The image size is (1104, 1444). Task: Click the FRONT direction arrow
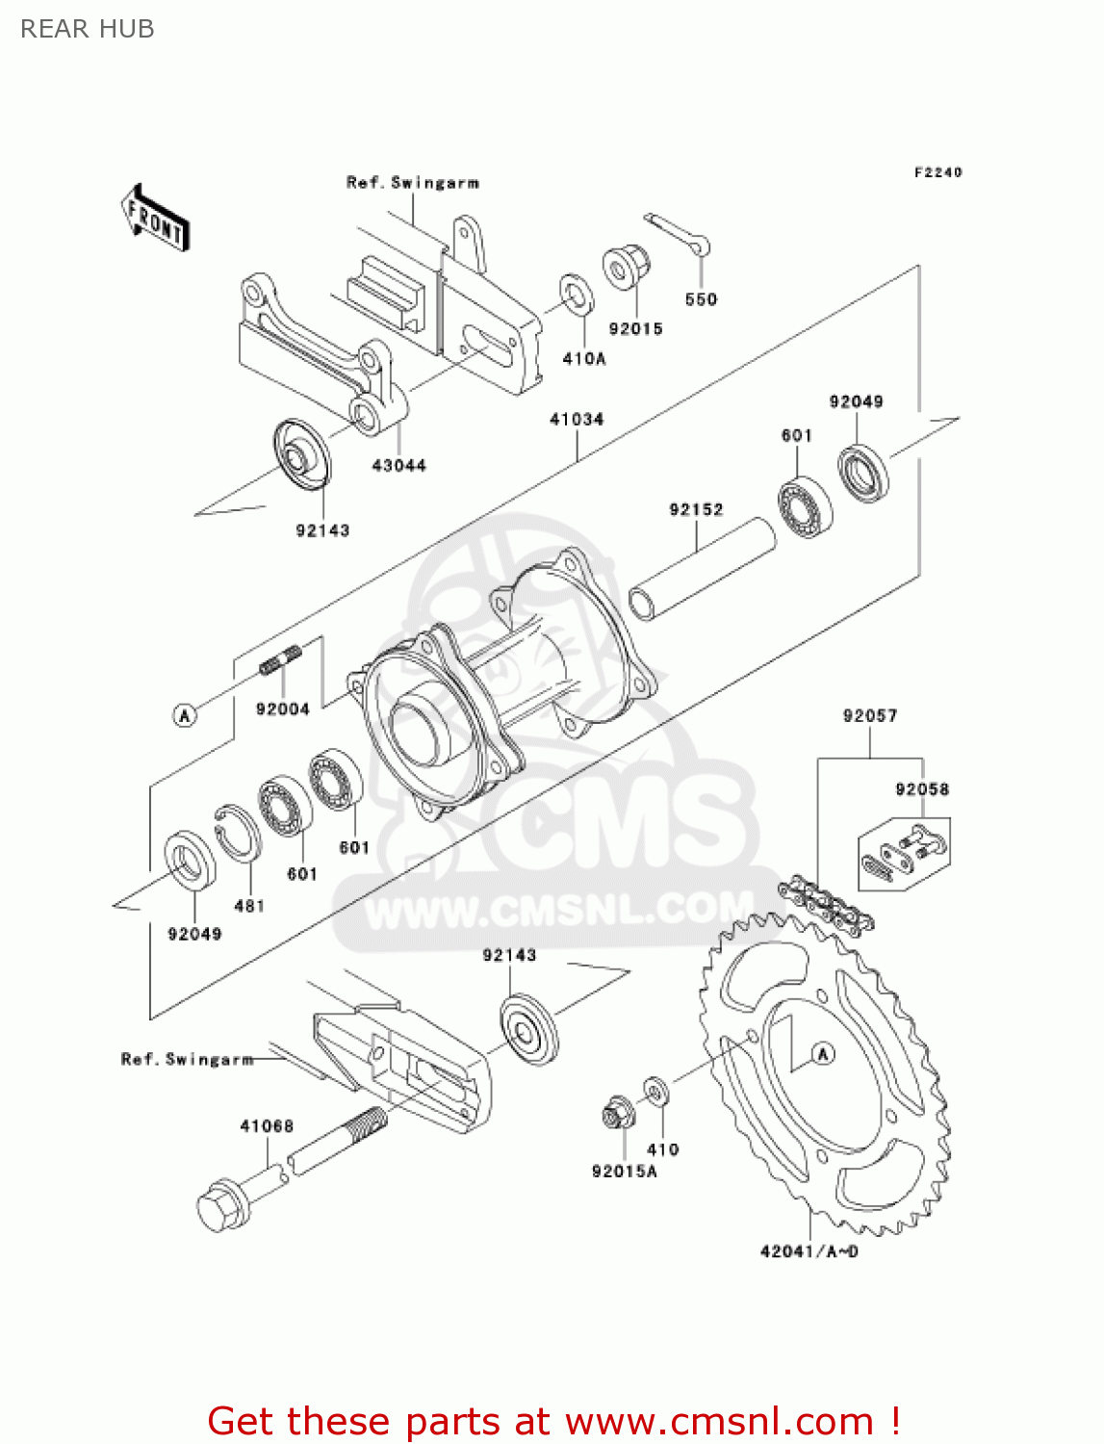[155, 219]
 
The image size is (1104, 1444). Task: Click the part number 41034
[577, 420]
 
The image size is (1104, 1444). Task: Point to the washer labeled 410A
[577, 295]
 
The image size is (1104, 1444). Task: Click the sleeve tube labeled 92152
[703, 567]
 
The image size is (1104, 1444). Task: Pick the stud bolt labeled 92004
[281, 661]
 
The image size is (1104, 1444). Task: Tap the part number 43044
[398, 466]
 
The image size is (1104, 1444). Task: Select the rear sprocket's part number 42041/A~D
[809, 1251]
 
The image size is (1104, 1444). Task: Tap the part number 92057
[869, 715]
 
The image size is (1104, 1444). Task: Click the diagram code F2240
[937, 172]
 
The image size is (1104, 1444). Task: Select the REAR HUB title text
[88, 29]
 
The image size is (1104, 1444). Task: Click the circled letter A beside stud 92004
[185, 715]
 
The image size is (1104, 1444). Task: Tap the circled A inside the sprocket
[822, 1054]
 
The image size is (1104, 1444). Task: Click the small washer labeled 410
[656, 1092]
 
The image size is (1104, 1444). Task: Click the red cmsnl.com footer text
[553, 1421]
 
